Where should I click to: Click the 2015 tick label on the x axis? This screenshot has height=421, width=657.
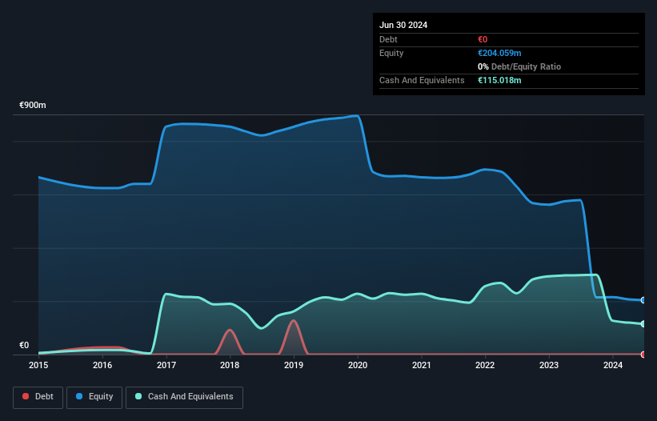coord(38,366)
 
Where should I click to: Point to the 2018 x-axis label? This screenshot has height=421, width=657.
coord(230,366)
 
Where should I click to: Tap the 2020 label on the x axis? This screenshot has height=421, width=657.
coord(358,366)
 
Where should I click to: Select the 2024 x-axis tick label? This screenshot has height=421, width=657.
coord(612,366)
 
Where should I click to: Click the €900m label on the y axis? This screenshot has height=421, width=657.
coord(34,106)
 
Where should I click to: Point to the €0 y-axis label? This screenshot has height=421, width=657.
coord(24,346)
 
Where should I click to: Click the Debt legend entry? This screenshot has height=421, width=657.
coord(38,397)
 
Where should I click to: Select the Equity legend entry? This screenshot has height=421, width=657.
coord(94,397)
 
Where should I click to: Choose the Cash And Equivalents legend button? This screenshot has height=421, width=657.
coord(184,397)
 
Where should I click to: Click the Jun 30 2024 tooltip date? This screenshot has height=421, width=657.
coord(403,25)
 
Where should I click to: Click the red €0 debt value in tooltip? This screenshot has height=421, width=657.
coord(483,39)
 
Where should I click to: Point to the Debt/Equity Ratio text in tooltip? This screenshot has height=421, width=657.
coord(519,66)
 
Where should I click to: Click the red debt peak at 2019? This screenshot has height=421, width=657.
coord(294,321)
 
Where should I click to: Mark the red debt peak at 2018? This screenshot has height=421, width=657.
coord(230,330)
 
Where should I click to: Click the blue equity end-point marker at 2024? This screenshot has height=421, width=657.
coord(643,300)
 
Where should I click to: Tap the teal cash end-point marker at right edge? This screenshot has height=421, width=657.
coord(643,324)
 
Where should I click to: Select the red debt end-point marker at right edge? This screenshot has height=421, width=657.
coord(643,354)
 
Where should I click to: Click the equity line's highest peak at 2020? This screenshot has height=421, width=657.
coord(356,116)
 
